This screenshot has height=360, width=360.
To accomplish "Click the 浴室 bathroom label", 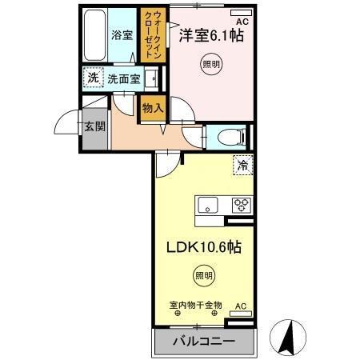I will [x=122, y=37].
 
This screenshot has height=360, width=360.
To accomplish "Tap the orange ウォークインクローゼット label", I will [x=150, y=36].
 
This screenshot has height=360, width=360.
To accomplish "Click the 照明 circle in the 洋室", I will [x=210, y=64].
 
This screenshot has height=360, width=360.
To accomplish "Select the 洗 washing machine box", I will [x=92, y=79].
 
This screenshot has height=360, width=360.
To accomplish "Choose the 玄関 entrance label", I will [x=94, y=126].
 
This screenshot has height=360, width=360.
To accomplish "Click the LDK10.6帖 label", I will [x=204, y=248].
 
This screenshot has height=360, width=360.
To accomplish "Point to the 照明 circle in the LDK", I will [x=204, y=276].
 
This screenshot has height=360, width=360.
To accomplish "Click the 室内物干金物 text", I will [x=194, y=304].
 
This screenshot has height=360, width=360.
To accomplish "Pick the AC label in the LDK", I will [x=240, y=306].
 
